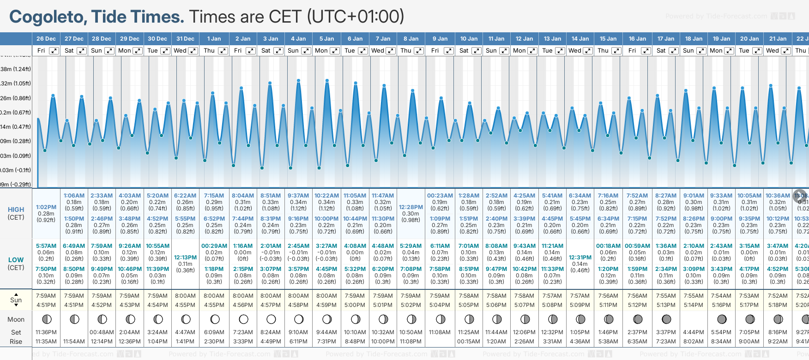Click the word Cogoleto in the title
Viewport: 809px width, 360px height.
(x=48, y=17)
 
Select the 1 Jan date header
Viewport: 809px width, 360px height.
(x=214, y=39)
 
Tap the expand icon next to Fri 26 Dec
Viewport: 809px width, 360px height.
(x=54, y=51)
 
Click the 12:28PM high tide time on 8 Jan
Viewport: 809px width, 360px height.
(x=411, y=207)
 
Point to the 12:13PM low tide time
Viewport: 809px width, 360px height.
(x=185, y=258)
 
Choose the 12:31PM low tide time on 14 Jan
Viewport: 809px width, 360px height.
(x=580, y=258)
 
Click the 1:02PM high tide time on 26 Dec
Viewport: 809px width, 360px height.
(x=46, y=207)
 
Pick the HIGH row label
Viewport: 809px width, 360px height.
(x=16, y=210)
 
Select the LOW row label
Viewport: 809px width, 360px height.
(x=16, y=260)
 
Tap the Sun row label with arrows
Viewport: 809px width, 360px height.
(x=16, y=300)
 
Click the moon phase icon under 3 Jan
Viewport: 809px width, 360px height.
(x=271, y=319)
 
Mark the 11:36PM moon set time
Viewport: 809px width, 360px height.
(x=46, y=332)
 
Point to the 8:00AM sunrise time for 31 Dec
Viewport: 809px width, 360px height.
(x=185, y=296)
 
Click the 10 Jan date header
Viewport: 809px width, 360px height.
(x=469, y=39)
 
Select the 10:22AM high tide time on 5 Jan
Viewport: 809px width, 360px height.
(x=326, y=196)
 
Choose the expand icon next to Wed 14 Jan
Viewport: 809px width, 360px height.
(x=588, y=51)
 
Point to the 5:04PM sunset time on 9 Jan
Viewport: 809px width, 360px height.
(x=440, y=305)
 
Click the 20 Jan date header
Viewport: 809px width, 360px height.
(x=749, y=39)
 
